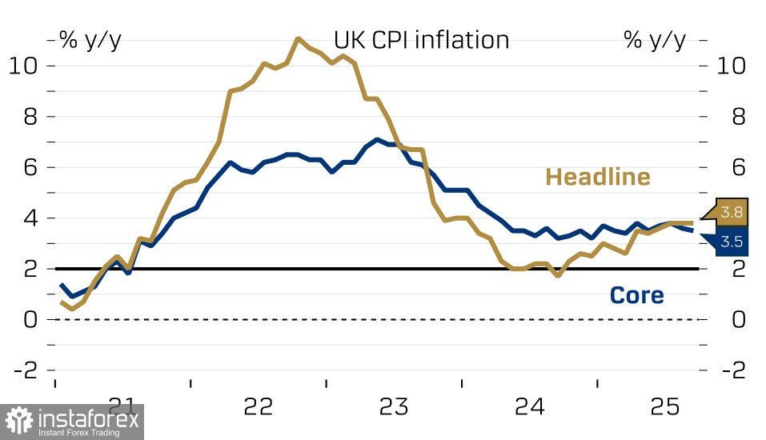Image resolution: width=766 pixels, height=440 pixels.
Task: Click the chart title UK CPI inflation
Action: [421, 40]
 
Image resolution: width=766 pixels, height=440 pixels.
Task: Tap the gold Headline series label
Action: [598, 177]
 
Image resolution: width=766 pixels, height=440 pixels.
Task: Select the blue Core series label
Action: [636, 295]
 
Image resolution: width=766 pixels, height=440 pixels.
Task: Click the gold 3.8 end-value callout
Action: [731, 213]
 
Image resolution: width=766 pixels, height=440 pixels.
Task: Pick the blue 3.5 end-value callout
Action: [730, 242]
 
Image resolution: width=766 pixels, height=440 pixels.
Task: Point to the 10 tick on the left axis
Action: [22, 66]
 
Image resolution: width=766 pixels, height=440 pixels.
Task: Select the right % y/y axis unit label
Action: [655, 41]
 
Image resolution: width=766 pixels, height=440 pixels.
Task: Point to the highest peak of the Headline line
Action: [298, 38]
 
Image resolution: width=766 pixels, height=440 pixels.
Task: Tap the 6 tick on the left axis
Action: [30, 167]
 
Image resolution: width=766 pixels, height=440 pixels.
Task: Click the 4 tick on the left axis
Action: [30, 218]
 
